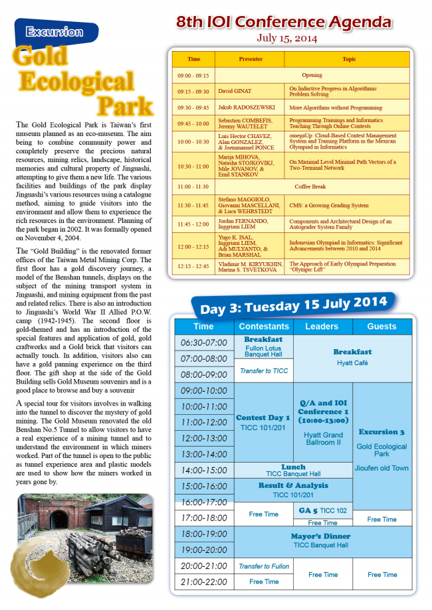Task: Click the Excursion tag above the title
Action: (x=54, y=32)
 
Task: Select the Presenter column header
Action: (x=251, y=59)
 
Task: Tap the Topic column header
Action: (x=348, y=59)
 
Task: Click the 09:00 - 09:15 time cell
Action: (x=193, y=76)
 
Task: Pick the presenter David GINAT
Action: (x=235, y=91)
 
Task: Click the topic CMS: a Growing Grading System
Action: (x=328, y=206)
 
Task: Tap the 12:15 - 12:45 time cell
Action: (x=193, y=267)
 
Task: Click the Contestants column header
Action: (x=264, y=327)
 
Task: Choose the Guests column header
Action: (x=381, y=327)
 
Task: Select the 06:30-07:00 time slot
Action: (x=204, y=343)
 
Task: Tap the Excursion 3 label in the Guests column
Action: (x=381, y=432)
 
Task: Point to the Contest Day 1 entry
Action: (x=263, y=418)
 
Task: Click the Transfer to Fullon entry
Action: (x=264, y=566)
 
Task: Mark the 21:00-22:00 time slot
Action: (x=204, y=582)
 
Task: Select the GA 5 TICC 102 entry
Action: (x=322, y=510)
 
